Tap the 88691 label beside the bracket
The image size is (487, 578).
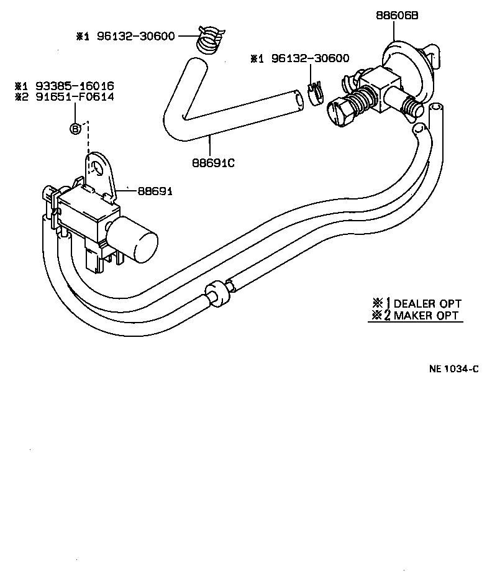(x=154, y=191)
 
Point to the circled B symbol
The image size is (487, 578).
(x=75, y=129)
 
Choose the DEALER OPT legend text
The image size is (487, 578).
(x=427, y=303)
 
